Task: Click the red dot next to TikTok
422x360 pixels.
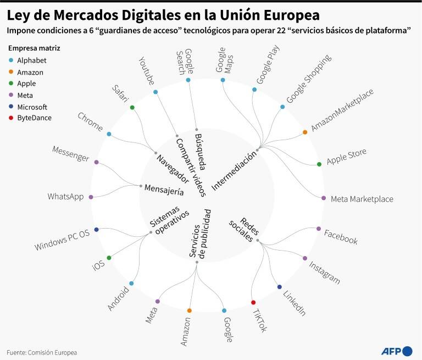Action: [253, 302]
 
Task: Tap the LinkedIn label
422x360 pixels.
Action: [295, 303]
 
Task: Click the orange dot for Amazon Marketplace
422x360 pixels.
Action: [305, 132]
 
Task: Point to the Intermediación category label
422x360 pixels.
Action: [234, 171]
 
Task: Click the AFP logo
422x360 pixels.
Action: [397, 351]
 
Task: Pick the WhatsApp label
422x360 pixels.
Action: [66, 197]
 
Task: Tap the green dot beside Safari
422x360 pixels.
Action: [132, 107]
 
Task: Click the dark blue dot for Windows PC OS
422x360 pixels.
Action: [96, 230]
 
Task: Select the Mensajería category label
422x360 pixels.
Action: [164, 190]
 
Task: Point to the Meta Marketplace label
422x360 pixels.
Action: [362, 199]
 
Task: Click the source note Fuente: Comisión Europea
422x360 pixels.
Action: [42, 352]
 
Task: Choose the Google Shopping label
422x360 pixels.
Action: [309, 79]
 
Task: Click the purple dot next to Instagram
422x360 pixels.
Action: [304, 258]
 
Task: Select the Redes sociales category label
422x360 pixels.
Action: [245, 230]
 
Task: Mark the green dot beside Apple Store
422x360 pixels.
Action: [319, 164]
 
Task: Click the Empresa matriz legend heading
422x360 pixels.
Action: [34, 48]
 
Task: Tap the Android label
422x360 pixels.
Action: [118, 298]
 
